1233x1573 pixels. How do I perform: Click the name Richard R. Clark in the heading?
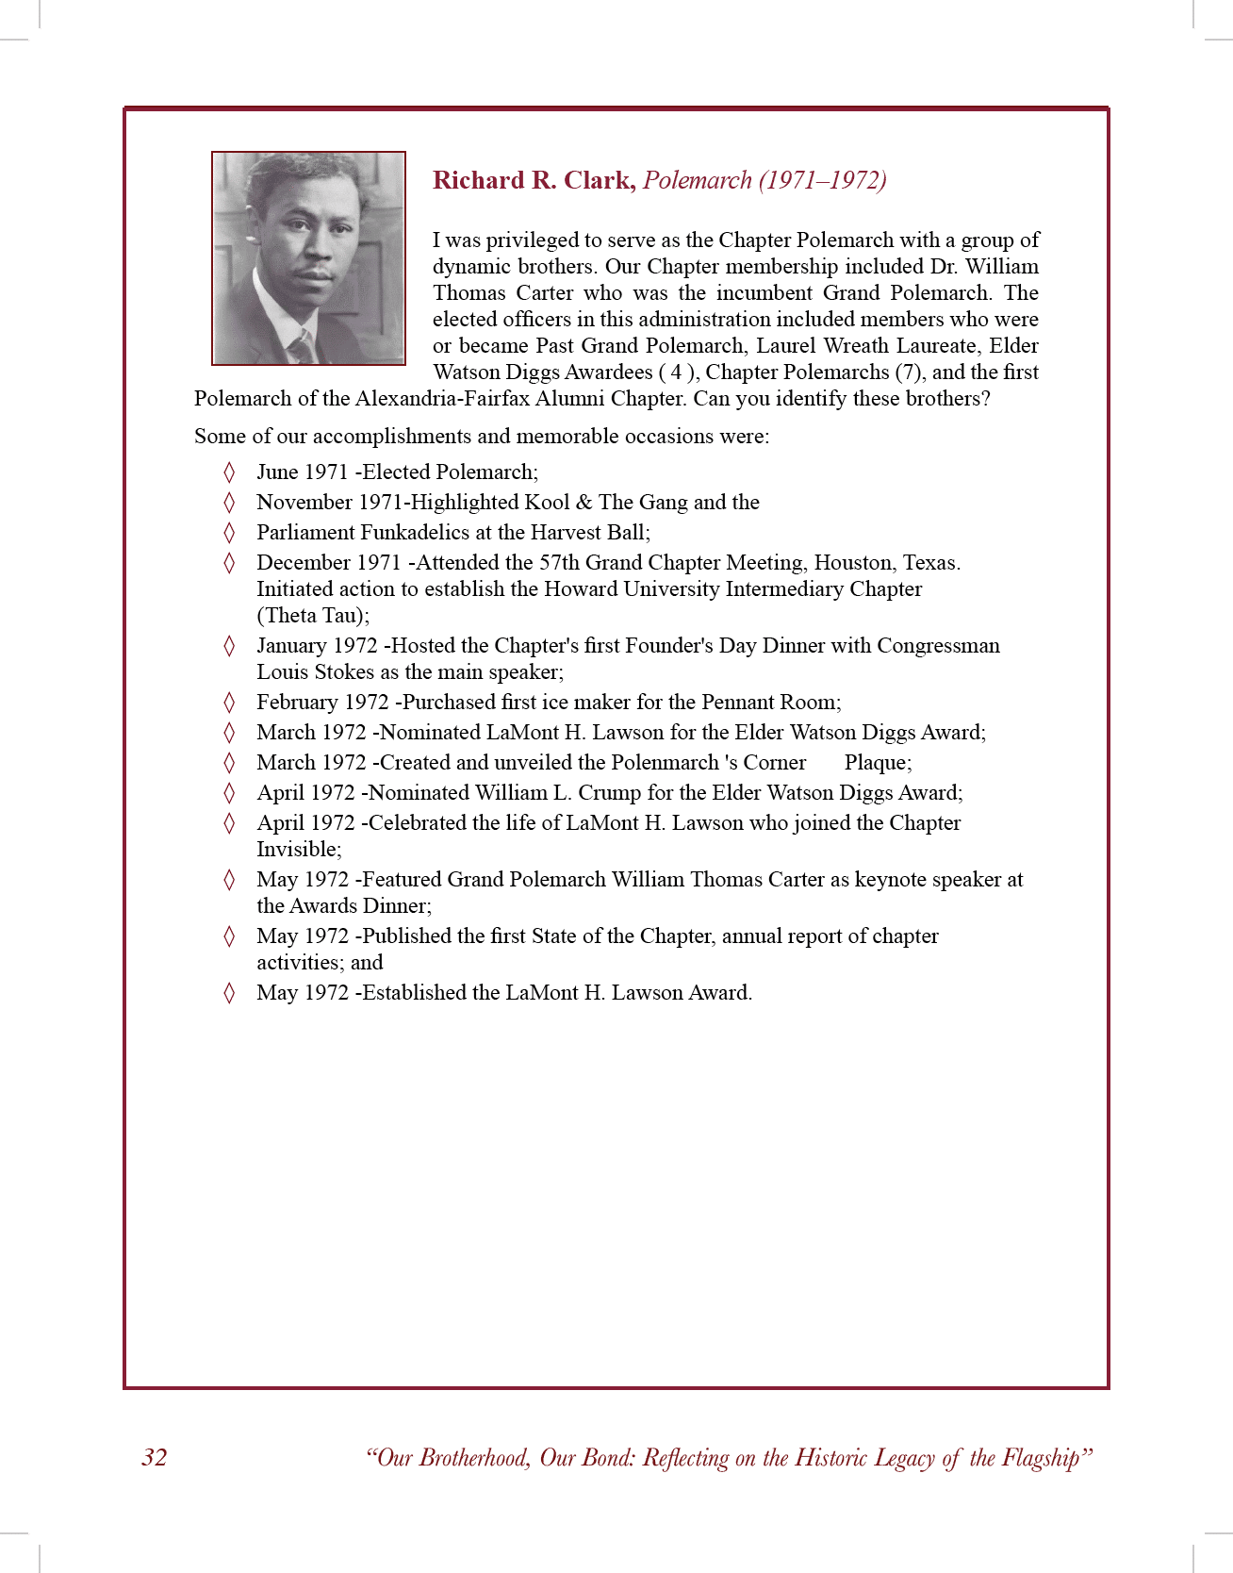[x=534, y=180]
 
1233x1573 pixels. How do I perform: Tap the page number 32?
[x=155, y=1457]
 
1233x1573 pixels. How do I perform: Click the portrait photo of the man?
[x=309, y=257]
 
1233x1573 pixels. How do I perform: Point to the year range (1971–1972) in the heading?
[x=822, y=180]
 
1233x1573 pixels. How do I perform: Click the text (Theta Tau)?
[x=313, y=616]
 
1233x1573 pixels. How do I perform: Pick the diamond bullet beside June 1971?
[x=229, y=472]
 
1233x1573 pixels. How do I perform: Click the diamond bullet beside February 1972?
[x=229, y=703]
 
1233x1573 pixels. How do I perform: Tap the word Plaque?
[x=878, y=763]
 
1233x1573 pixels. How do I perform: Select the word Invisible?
[x=299, y=850]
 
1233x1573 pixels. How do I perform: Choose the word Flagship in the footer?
[x=1042, y=1458]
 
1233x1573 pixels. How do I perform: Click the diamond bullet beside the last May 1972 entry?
[x=229, y=993]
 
